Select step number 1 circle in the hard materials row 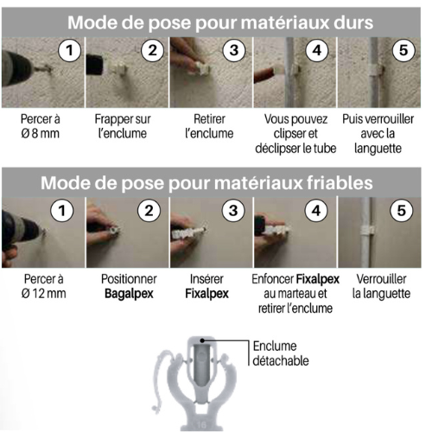[69, 50]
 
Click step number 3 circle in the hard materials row [234, 50]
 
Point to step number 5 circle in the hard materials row [403, 50]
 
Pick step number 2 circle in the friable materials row [149, 211]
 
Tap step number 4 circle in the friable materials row [316, 211]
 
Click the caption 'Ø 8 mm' [40, 134]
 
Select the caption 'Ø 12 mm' [43, 294]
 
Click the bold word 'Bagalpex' [129, 294]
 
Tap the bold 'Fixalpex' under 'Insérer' [206, 294]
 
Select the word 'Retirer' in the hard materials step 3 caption [209, 119]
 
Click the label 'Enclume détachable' [281, 353]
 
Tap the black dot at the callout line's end [202, 340]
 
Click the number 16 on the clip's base [201, 425]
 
